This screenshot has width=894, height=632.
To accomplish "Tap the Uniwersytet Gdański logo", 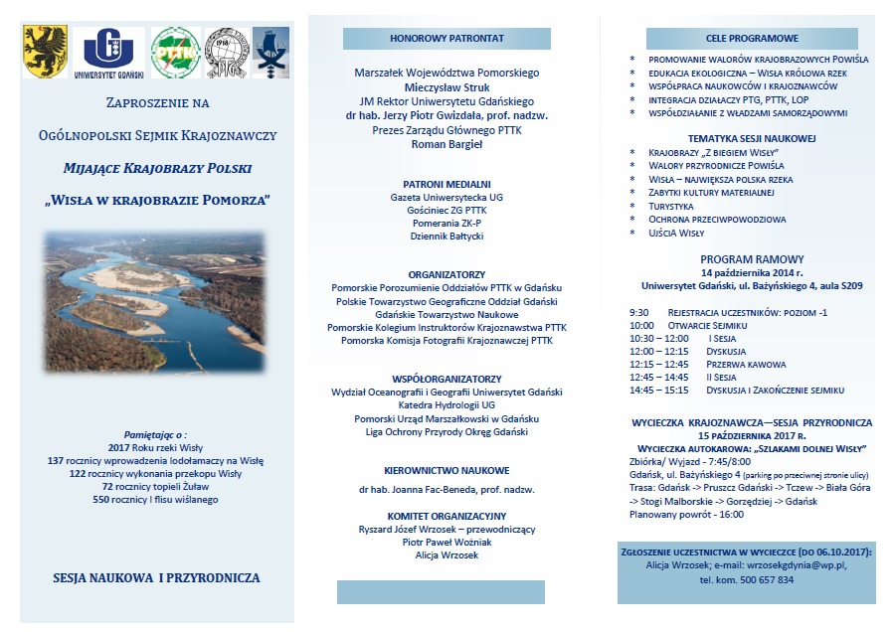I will tap(114, 52).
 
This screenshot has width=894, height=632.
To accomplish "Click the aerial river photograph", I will tap(154, 294).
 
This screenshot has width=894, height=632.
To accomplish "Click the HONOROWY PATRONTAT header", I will tap(446, 39).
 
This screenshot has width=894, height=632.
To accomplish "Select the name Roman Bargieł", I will tap(446, 144).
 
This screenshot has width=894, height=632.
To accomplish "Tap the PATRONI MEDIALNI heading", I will tap(447, 184).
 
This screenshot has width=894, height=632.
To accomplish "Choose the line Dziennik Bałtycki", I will tap(447, 237).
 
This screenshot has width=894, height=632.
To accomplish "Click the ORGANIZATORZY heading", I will tap(447, 273).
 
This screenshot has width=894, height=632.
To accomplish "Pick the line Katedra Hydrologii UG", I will tap(447, 405).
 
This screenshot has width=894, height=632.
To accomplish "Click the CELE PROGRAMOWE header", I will tap(752, 39).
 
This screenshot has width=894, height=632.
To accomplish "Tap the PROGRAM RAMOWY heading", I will tap(752, 258).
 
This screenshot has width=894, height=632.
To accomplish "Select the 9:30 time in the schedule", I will tap(638, 312).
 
